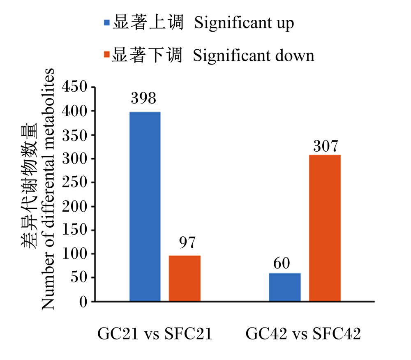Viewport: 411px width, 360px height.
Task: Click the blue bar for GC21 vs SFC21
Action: click(145, 206)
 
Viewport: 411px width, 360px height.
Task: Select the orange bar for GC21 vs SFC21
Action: click(185, 278)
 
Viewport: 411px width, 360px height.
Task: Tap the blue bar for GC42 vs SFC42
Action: click(285, 287)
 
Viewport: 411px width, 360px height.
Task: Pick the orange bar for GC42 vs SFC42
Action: click(325, 228)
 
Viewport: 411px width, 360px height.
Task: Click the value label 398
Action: click(143, 98)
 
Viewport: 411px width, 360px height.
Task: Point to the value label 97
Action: click(187, 242)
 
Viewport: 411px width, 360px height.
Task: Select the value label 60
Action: click(282, 263)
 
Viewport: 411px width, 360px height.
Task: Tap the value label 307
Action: click(326, 146)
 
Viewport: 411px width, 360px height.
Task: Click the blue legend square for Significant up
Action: click(107, 23)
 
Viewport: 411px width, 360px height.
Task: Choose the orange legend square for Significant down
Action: click(107, 54)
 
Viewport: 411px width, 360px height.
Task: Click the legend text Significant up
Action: click(244, 23)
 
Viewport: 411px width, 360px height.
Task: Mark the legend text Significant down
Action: click(254, 55)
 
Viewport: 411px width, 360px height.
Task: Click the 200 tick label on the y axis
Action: click(74, 206)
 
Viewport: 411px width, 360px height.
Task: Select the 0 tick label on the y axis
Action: click(83, 302)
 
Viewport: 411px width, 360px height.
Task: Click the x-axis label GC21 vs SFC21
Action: click(155, 334)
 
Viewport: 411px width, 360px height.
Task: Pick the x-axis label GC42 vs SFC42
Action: click(303, 334)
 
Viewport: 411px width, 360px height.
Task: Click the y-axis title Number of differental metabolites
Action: click(48, 189)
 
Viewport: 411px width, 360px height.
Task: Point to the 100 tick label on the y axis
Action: click(74, 254)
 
